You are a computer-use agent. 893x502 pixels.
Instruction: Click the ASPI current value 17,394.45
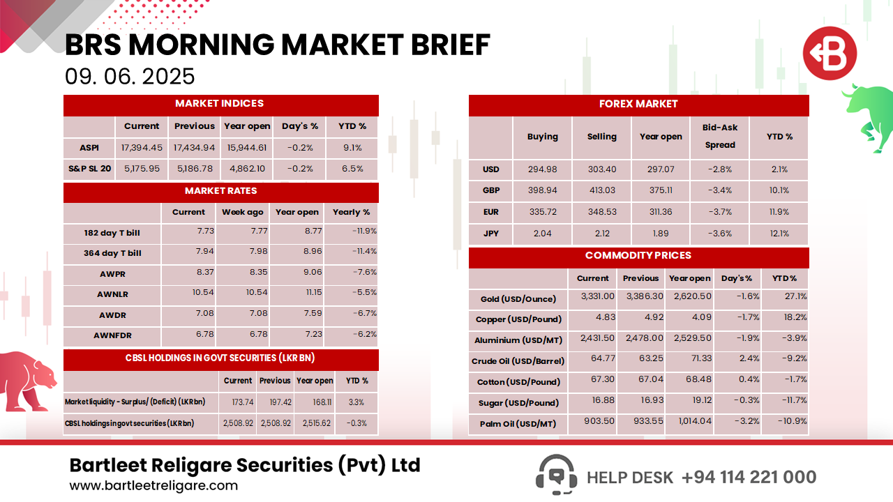tap(142, 148)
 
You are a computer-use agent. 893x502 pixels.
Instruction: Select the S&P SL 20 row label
tap(89, 169)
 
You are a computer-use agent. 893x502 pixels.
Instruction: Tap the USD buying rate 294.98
tap(542, 169)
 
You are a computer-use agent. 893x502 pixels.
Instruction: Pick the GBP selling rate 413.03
tap(601, 190)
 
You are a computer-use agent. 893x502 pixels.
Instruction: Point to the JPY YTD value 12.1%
tap(779, 234)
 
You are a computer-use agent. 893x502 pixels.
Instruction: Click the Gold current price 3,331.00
tap(597, 296)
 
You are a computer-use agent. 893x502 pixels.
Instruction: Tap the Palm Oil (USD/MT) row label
tap(518, 424)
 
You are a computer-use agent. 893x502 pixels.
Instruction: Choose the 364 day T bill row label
tap(112, 253)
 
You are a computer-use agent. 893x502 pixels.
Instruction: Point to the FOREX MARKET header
tap(638, 105)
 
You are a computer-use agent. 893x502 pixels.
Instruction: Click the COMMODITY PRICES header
tap(638, 256)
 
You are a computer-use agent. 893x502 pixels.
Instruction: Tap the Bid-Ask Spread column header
tap(720, 137)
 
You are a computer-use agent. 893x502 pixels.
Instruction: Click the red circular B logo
tap(829, 54)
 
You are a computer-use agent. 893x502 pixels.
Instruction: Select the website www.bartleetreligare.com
tap(153, 486)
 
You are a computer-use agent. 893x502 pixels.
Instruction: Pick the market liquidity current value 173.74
tap(237, 402)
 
